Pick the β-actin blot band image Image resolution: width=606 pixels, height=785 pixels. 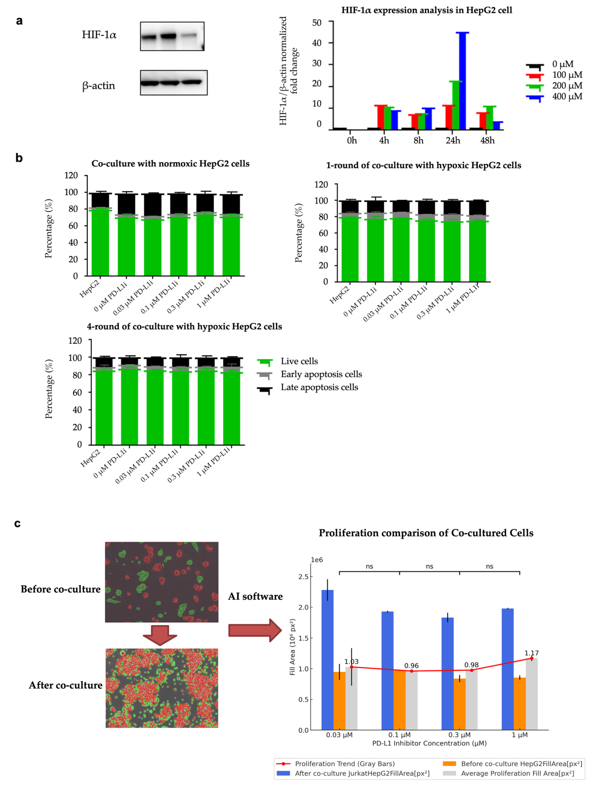[x=174, y=83]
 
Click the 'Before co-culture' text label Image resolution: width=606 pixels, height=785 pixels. [x=60, y=589]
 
